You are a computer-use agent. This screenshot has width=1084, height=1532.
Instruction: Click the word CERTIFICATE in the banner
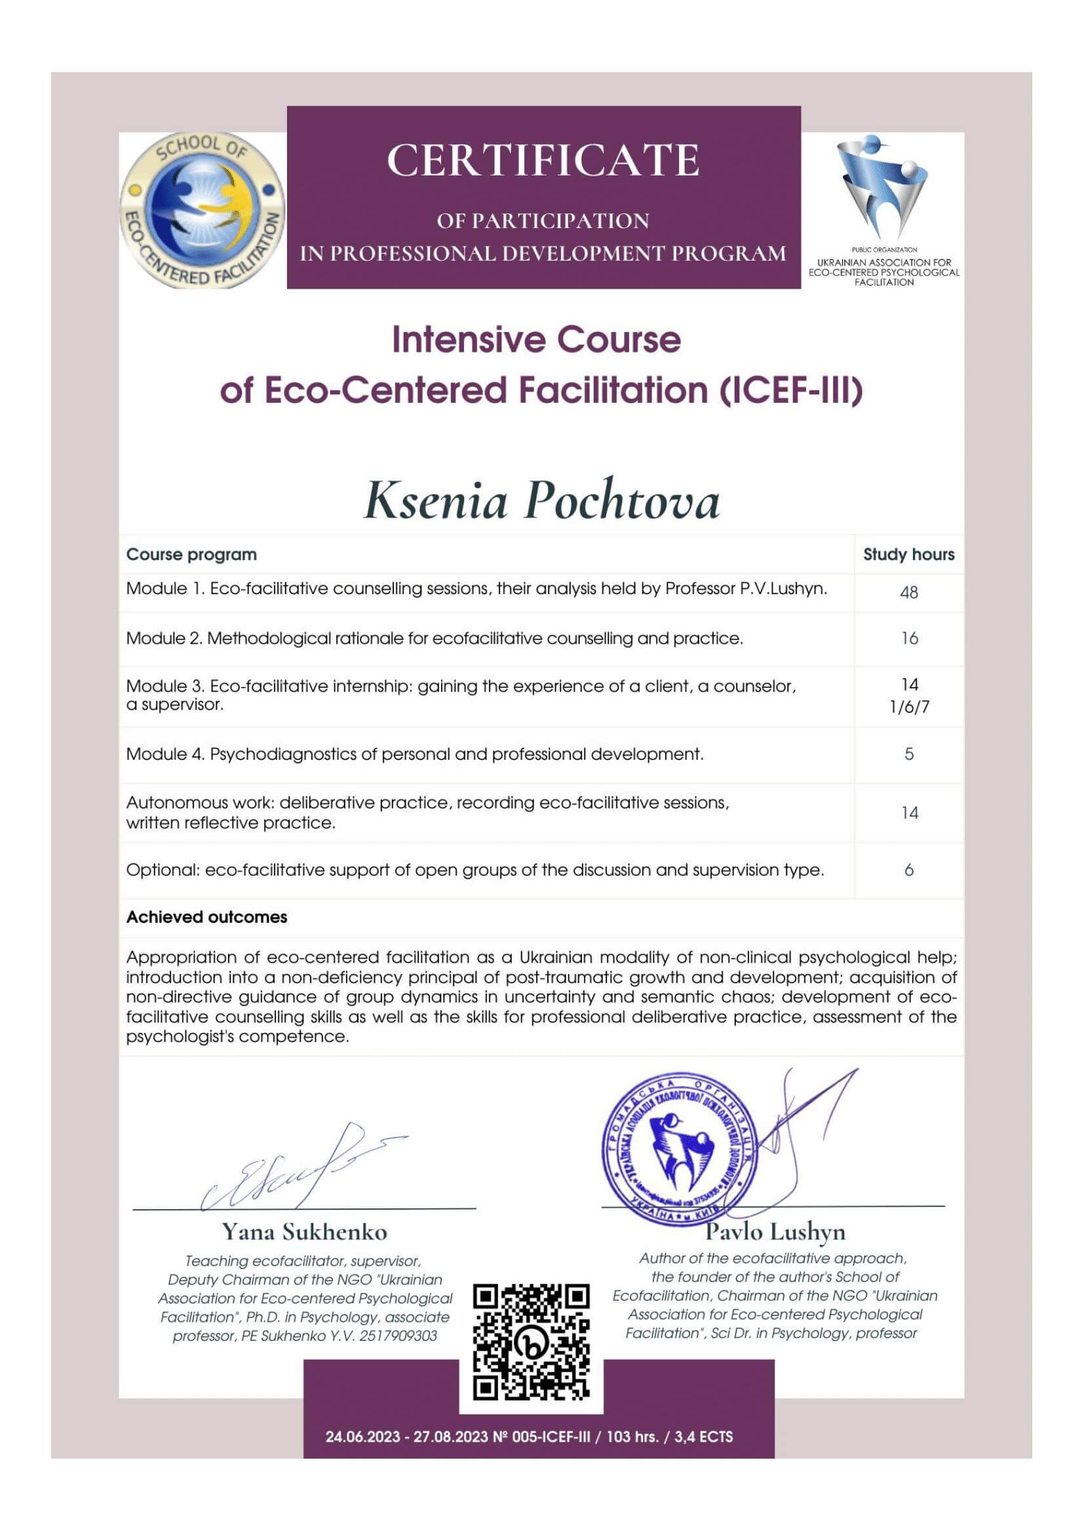coord(543,161)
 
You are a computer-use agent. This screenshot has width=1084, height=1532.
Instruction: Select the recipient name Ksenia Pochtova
coord(541,501)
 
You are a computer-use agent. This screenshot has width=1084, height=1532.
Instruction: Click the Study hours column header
coord(908,555)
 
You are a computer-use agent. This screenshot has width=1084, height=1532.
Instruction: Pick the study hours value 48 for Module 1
coord(908,593)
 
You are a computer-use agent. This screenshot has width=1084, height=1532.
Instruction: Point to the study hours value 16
coord(909,639)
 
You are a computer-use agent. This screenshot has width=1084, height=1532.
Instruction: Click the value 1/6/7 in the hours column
coord(909,707)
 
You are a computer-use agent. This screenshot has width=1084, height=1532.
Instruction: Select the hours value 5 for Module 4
coord(908,755)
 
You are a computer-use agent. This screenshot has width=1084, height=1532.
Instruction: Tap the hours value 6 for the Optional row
coord(908,870)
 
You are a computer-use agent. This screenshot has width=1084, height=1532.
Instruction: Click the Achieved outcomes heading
coord(207,918)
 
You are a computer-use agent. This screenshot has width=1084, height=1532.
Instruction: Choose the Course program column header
coord(191,555)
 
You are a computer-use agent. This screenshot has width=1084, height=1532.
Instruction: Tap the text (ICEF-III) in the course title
coord(791,390)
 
